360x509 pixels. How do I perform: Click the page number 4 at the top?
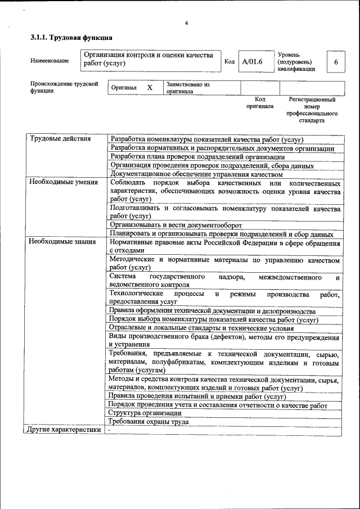pyautogui.click(x=186, y=23)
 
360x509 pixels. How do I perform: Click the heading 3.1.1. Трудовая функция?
pyautogui.click(x=71, y=38)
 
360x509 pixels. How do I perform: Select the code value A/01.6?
pyautogui.click(x=253, y=61)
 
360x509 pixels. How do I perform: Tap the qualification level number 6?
pyautogui.click(x=336, y=62)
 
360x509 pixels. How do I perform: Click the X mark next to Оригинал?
pyautogui.click(x=150, y=88)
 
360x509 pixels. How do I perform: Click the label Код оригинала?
pyautogui.click(x=260, y=102)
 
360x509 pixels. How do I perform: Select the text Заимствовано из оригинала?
pyautogui.click(x=188, y=88)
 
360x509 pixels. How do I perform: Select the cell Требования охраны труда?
pyautogui.click(x=148, y=421)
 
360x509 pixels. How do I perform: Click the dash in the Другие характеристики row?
pyautogui.click(x=110, y=430)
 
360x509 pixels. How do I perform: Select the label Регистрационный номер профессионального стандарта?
pyautogui.click(x=312, y=110)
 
